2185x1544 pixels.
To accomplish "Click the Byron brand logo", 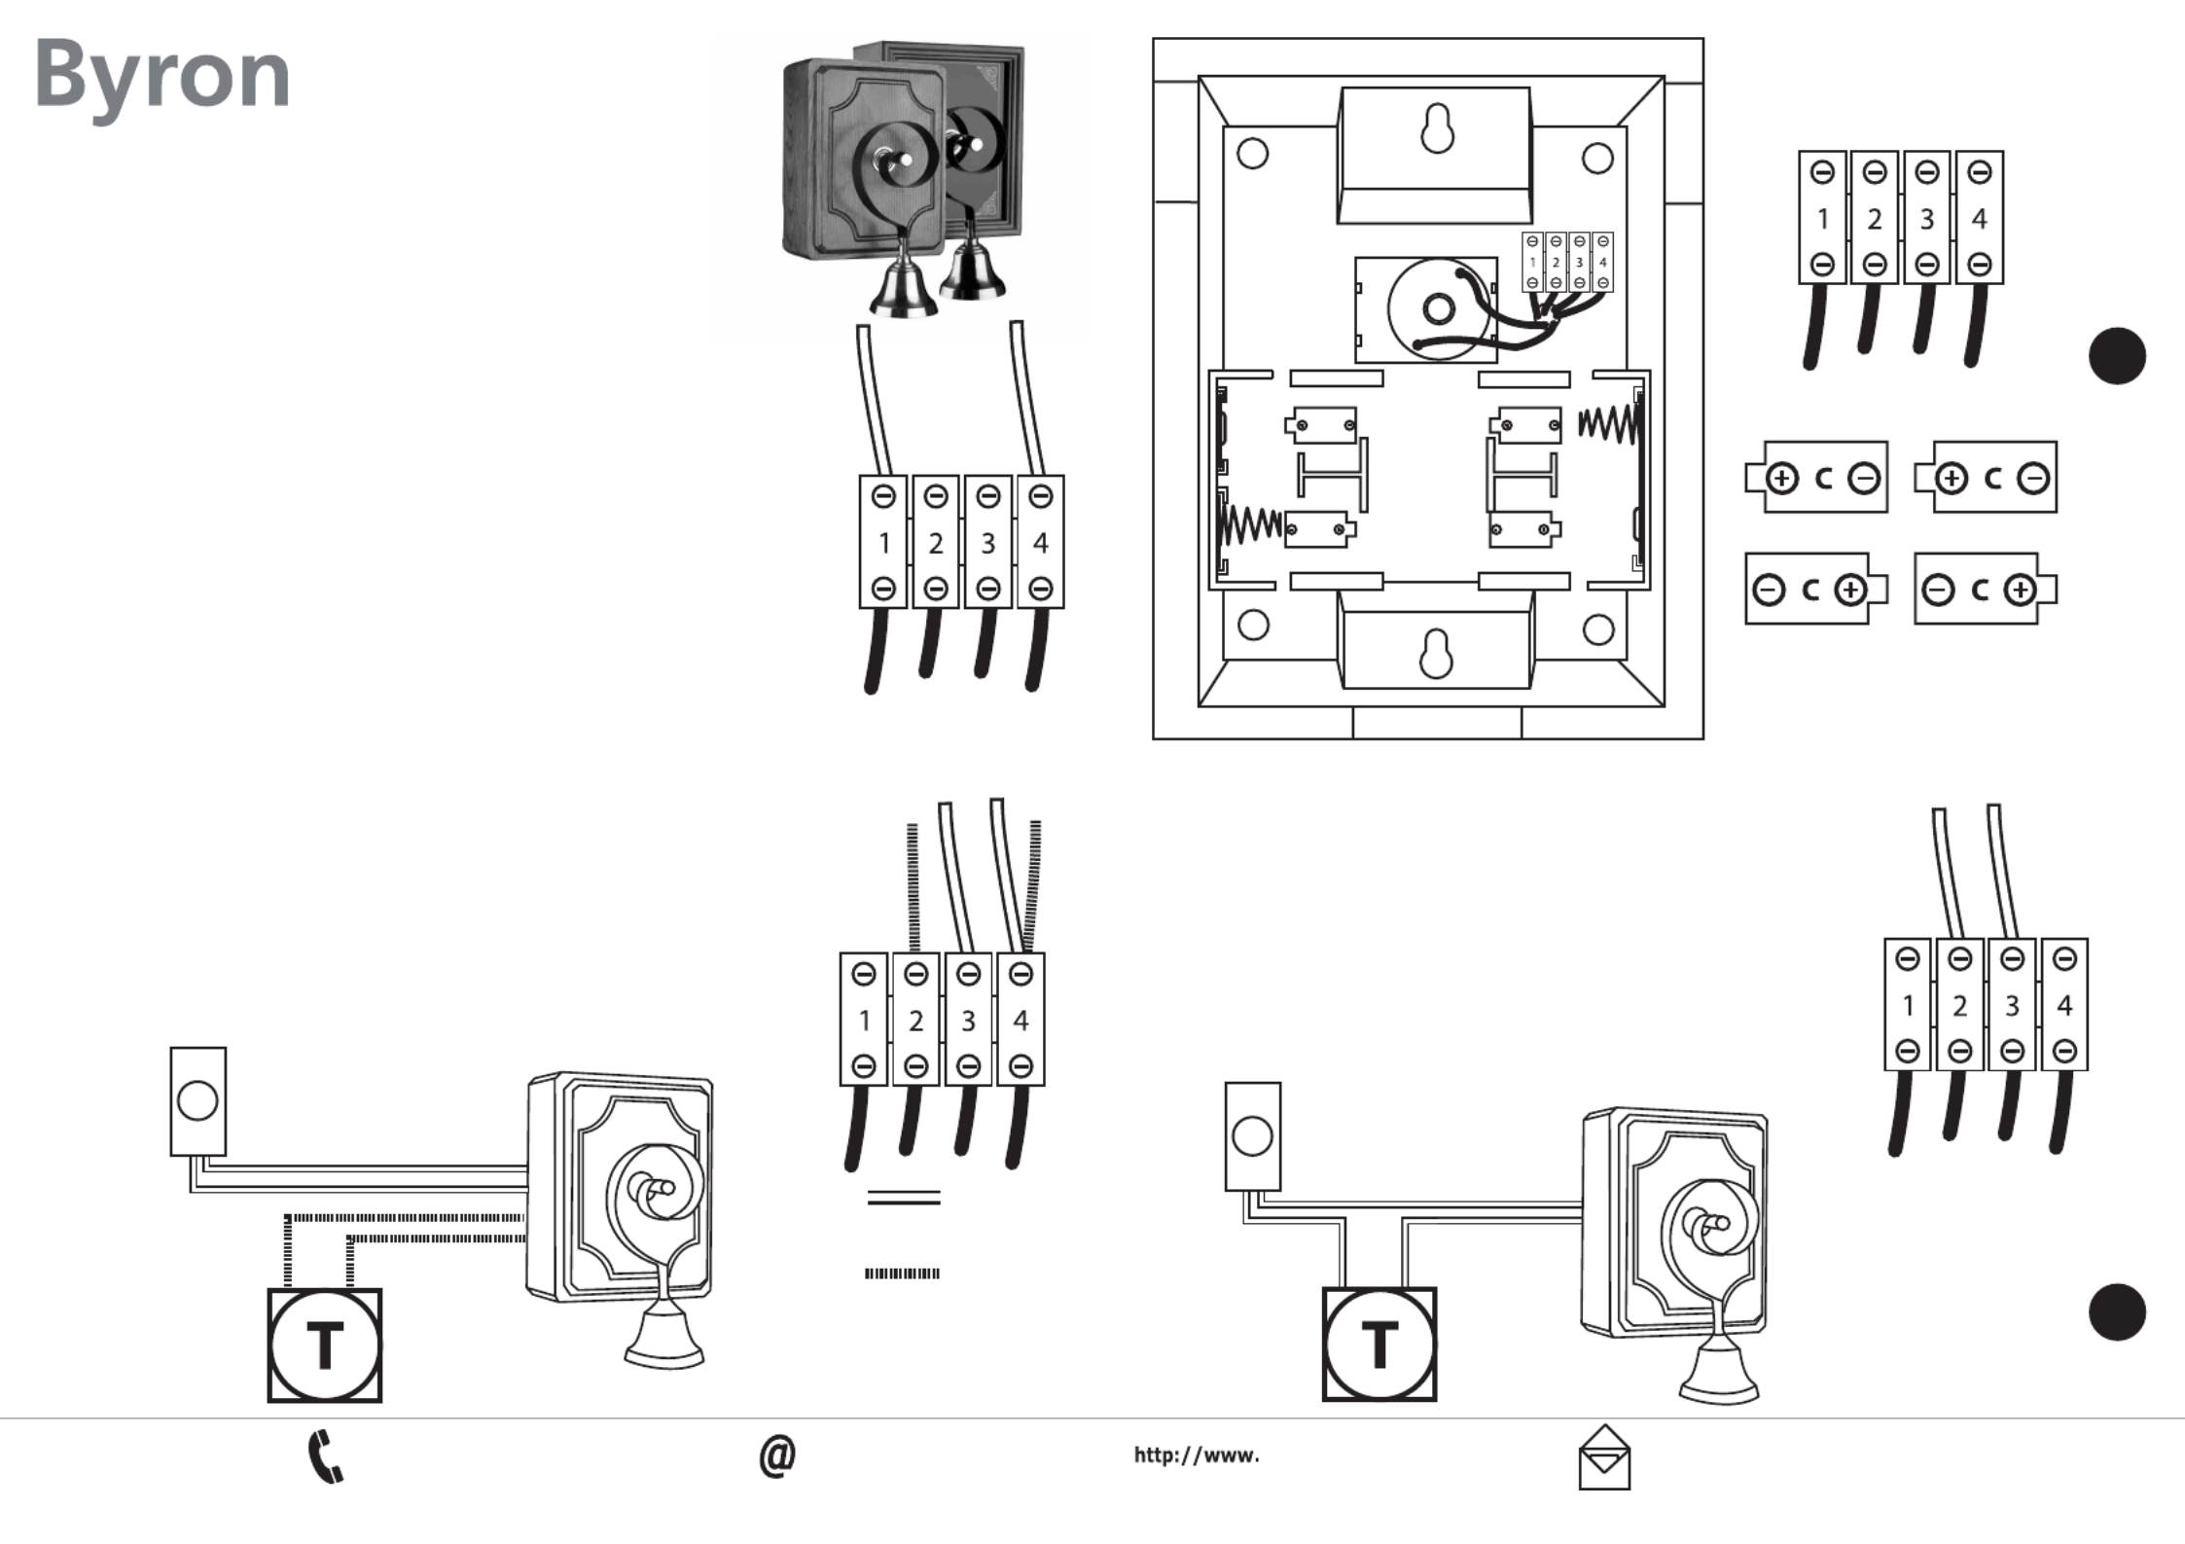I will tap(162, 76).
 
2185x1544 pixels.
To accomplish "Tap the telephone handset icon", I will tap(325, 1456).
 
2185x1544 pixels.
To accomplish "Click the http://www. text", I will tap(1196, 1455).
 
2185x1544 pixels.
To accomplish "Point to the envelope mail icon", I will tap(1603, 1458).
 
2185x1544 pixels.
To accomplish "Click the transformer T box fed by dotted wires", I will tap(324, 1346).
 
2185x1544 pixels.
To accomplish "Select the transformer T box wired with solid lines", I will tap(1379, 1345).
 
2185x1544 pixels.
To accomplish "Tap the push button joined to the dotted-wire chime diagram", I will tap(197, 1101).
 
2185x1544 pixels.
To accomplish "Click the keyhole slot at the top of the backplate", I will tap(1437, 129).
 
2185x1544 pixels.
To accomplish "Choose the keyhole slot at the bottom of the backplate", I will tap(1436, 653).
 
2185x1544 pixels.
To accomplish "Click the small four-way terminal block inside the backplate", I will tap(1567, 262).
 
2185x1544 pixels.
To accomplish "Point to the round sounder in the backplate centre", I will tap(1437, 310).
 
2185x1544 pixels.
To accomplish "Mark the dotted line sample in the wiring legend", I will tap(902, 1274).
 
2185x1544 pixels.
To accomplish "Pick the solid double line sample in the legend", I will tap(903, 1198).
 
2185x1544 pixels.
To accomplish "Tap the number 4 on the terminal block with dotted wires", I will tap(1021, 1021).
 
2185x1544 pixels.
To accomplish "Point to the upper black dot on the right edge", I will tap(2117, 356).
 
